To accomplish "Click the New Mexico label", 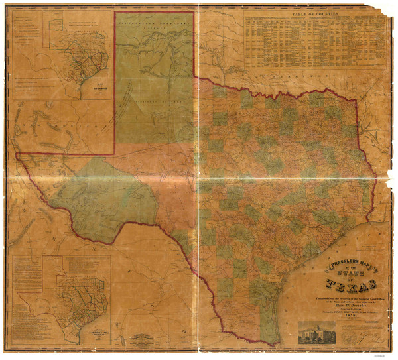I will click(x=50, y=123).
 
